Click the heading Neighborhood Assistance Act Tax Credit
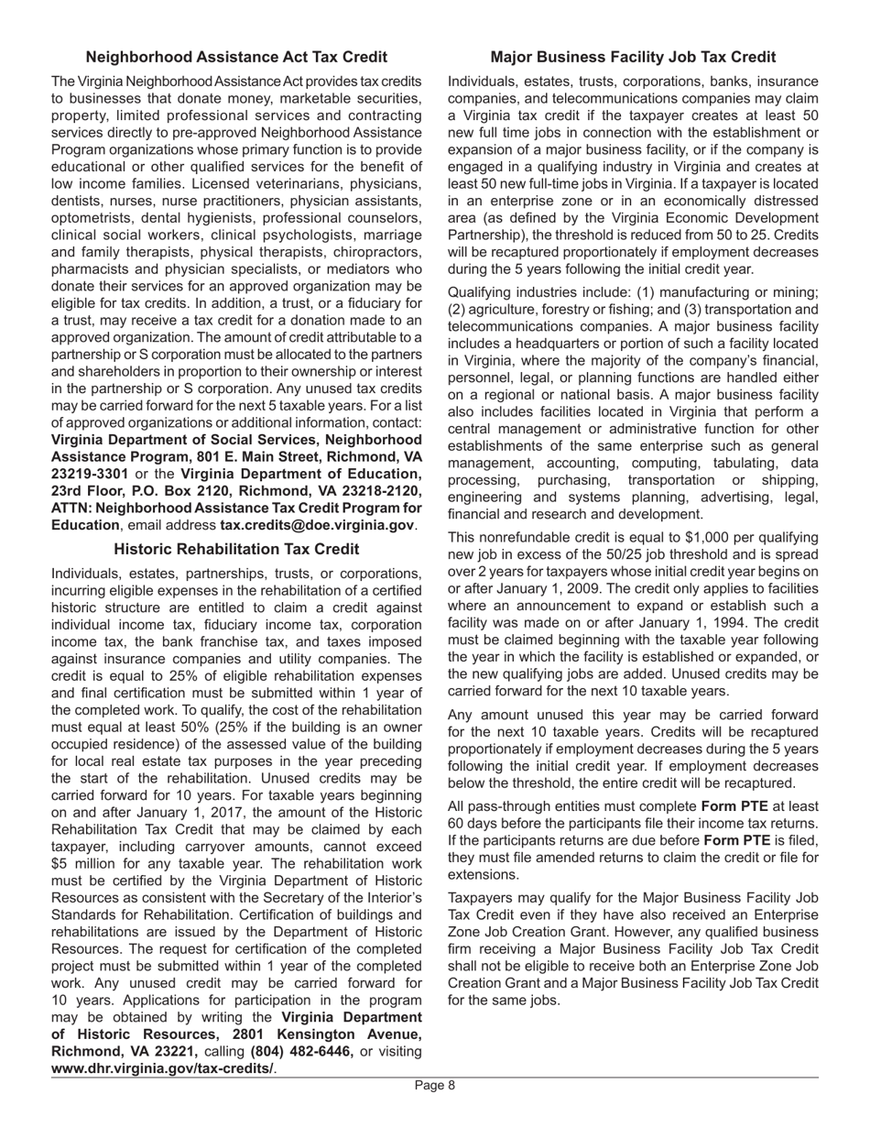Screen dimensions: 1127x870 tap(236, 58)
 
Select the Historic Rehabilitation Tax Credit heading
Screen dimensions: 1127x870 tap(236, 549)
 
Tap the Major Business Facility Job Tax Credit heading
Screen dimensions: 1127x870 tap(633, 58)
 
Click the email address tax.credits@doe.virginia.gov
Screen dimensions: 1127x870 tap(317, 525)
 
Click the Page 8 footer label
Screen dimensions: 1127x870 tap(434, 1086)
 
